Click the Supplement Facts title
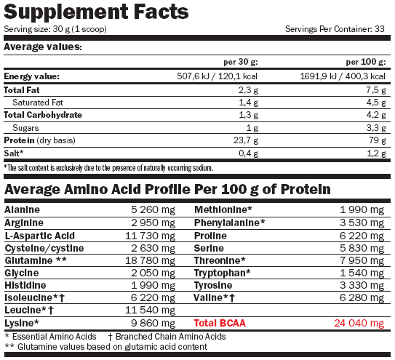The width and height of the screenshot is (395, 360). tap(96, 12)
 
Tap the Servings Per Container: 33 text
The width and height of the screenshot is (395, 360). tap(335, 29)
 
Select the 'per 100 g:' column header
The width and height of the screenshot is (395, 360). tap(366, 62)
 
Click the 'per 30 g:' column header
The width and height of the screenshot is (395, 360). tap(241, 62)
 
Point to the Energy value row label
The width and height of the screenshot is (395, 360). tap(32, 76)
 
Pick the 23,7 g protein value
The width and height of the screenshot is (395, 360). tap(246, 140)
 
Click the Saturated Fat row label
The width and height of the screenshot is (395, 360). tap(38, 103)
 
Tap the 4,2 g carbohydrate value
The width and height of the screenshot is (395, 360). tap(376, 115)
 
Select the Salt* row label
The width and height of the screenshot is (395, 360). tap(14, 153)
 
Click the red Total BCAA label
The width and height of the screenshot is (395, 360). tap(220, 323)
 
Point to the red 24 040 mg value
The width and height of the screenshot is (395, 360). tap(359, 323)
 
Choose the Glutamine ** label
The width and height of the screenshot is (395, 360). tap(36, 260)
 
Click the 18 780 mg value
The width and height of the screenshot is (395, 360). tap(150, 261)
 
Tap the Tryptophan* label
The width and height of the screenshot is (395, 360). tap(223, 273)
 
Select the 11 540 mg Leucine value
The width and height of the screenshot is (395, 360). tap(150, 311)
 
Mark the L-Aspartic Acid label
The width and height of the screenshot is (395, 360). tap(40, 236)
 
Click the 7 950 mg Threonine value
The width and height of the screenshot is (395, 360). tap(362, 261)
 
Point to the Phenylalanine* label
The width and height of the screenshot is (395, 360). tap(229, 223)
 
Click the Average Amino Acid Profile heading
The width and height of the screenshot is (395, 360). tap(167, 189)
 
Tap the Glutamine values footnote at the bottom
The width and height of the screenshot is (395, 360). tap(106, 347)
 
